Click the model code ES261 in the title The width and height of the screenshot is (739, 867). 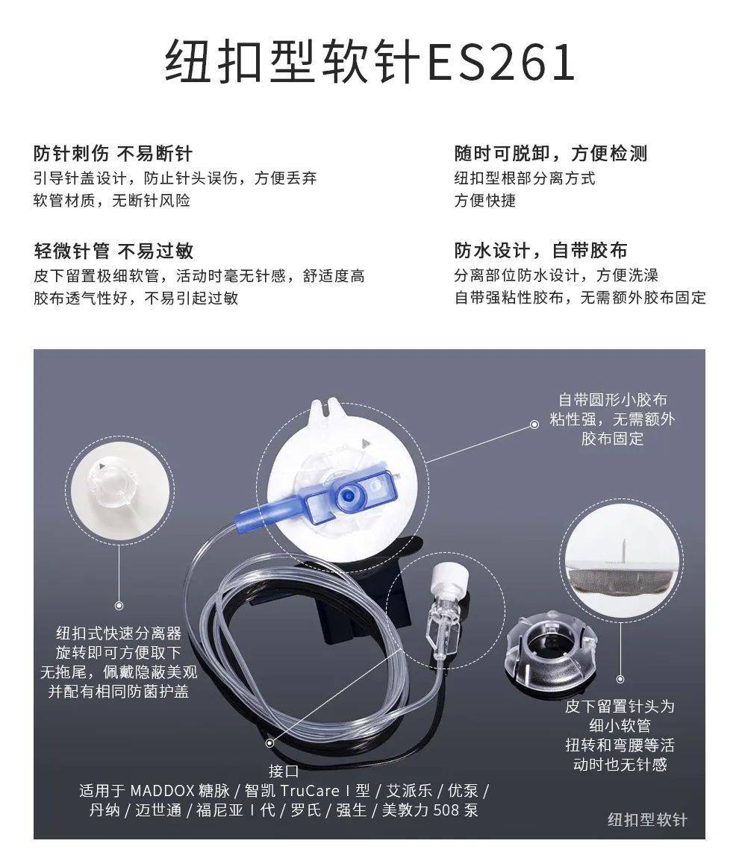click(500, 63)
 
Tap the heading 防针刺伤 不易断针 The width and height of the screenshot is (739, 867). click(113, 154)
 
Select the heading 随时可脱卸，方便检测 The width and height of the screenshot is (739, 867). click(550, 154)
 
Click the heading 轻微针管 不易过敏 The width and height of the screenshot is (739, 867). click(113, 251)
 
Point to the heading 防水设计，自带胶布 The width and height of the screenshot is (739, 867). click(540, 251)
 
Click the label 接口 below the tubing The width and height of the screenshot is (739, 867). click(284, 771)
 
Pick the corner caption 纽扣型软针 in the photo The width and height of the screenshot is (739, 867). click(646, 819)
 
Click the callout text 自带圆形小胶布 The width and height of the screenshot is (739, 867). click(612, 400)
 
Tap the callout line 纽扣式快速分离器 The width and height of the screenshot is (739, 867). click(119, 633)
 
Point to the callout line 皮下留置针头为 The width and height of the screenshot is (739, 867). click(619, 706)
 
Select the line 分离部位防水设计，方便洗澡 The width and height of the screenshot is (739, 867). click(556, 275)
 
